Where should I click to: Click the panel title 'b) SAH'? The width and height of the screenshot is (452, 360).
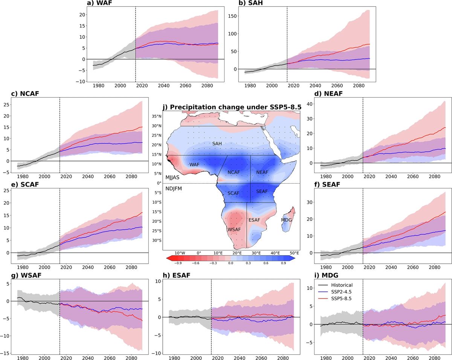tap(250, 3)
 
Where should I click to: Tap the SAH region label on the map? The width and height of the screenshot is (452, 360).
tap(217, 144)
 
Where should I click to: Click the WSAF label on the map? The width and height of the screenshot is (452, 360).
tap(234, 229)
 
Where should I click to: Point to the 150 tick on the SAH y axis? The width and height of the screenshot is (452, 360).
tap(233, 16)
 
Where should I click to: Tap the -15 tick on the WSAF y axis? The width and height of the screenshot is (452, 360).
tap(7, 353)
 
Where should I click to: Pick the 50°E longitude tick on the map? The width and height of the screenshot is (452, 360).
tap(295, 253)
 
